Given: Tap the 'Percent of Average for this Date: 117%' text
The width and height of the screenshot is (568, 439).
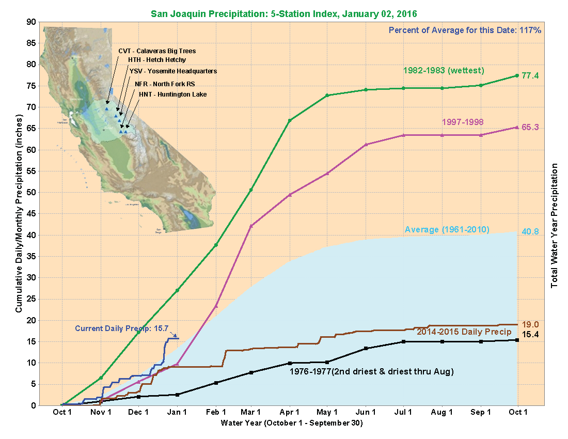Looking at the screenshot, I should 465,30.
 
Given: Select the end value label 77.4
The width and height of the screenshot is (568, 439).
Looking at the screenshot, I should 530,75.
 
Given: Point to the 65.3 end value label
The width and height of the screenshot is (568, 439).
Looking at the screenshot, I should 530,127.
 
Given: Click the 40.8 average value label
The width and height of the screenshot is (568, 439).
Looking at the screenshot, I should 530,231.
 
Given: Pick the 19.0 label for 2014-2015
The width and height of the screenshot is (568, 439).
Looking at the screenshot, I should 530,324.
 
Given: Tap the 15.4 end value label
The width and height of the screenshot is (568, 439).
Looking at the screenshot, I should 530,335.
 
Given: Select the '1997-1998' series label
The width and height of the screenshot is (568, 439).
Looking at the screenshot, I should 463,122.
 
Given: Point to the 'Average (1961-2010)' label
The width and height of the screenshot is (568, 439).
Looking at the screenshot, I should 447,229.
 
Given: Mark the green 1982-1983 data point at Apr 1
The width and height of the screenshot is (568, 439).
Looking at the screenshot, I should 290,120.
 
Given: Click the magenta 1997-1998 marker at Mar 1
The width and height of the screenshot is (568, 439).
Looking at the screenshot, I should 251,226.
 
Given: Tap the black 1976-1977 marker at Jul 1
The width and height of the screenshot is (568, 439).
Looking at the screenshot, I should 403,341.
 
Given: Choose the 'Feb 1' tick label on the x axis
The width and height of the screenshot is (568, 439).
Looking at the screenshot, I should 216,412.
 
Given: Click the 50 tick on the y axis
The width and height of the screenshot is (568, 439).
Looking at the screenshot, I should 31,192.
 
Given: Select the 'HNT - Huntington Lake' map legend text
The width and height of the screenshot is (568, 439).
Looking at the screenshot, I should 172,94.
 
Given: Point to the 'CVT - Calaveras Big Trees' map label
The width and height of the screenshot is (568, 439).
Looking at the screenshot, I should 157,51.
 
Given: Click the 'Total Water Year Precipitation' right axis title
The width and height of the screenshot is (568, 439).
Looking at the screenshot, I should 555,225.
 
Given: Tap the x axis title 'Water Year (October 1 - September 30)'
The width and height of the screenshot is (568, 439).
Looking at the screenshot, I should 292,424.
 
